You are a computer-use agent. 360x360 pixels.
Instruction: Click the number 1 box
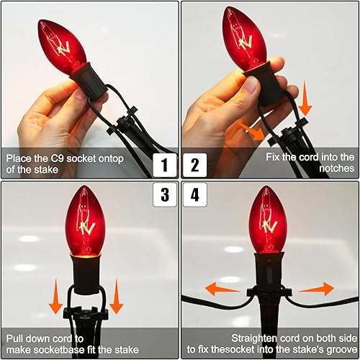[166, 166]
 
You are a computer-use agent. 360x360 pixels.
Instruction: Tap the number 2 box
[194, 166]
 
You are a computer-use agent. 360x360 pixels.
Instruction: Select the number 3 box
[166, 194]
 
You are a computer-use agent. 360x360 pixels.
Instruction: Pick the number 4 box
[194, 194]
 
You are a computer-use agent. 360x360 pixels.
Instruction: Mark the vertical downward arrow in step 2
[305, 99]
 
